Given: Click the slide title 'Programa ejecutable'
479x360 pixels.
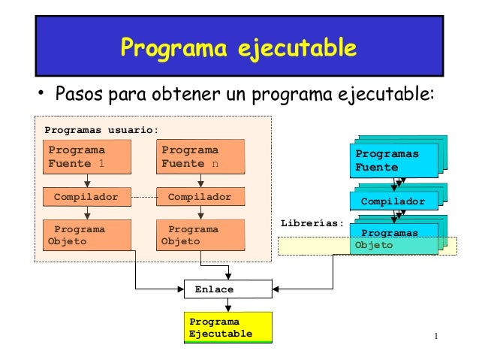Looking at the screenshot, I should click(239, 49).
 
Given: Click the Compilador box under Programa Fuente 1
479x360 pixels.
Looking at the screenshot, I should click(86, 197).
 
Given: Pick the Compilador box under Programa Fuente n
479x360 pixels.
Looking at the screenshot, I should click(200, 197).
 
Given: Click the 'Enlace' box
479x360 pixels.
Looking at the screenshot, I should click(228, 289).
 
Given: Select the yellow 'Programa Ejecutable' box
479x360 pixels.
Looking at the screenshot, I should click(227, 328).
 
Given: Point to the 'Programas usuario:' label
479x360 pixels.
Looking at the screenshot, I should click(101, 129).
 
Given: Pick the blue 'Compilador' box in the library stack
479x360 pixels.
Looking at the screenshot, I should click(393, 201).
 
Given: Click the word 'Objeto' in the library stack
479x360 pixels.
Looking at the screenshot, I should click(374, 246).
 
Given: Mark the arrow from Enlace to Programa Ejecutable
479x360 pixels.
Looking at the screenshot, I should click(228, 304).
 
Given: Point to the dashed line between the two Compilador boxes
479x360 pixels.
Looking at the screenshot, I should click(143, 197).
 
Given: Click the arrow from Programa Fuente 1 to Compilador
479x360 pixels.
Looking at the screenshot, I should click(87, 180).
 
